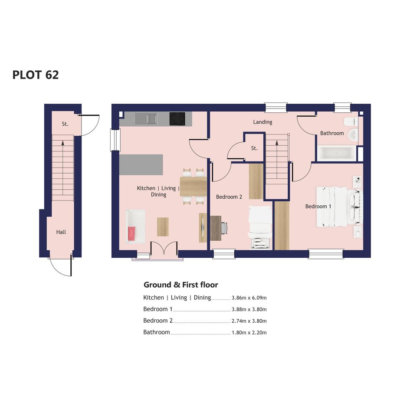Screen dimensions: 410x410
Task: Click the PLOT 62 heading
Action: coord(36,75)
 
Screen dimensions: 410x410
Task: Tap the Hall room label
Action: coord(61,232)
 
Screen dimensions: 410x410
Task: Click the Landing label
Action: coord(262,122)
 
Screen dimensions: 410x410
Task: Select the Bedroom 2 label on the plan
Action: coord(229,197)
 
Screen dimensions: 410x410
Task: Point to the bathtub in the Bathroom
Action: coord(337,153)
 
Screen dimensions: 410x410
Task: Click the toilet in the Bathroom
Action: coord(351,121)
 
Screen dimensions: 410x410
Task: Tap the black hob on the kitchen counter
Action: coord(177,119)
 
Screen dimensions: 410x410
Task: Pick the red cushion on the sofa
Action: coord(131,233)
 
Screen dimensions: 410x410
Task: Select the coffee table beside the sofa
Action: coord(163,227)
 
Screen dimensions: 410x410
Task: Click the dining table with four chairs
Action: coord(193,187)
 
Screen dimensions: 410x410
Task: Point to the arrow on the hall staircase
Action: coord(62,167)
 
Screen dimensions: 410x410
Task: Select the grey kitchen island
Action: coord(141,165)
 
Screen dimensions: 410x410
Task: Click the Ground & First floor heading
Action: coord(180,285)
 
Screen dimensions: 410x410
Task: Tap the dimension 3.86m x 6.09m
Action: coord(249,298)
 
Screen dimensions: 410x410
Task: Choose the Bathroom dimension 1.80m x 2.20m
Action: coord(249,333)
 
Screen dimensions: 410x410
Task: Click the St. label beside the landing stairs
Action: coord(254,148)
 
